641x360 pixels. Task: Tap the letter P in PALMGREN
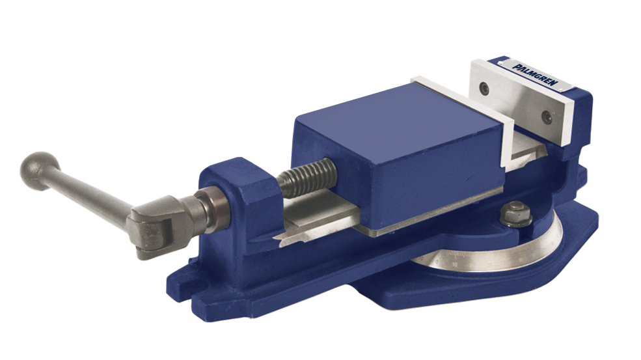point(514,65)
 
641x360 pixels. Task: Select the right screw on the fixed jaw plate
point(548,117)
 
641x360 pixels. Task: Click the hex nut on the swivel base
point(514,210)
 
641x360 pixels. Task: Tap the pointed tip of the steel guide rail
point(279,243)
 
